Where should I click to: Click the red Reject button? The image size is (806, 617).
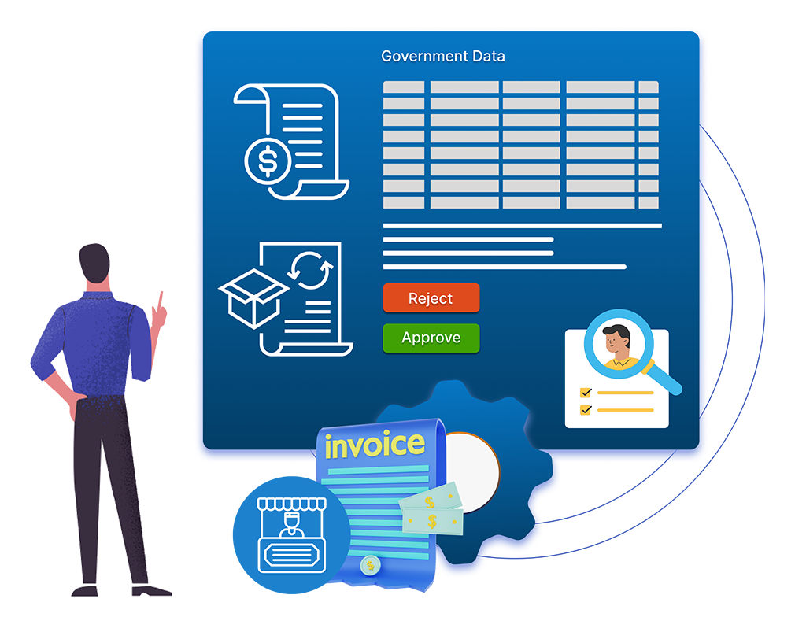tap(431, 298)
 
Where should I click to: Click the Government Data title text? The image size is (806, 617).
tap(443, 57)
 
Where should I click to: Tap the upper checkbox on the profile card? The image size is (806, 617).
tap(586, 392)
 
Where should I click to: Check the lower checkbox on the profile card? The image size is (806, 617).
tap(586, 409)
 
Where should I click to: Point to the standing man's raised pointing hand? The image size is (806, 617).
tap(161, 313)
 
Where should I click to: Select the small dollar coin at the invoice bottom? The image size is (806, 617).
tap(368, 566)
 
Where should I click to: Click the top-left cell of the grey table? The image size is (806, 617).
tap(404, 87)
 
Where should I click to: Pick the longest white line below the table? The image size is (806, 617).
tap(522, 226)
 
